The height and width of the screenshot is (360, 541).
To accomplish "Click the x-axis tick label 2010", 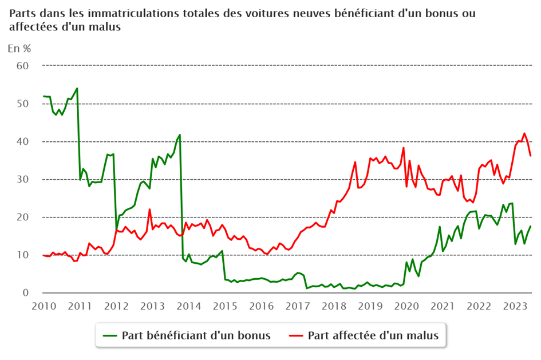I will tap(43, 306).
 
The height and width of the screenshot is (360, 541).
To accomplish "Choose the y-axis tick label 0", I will tap(26, 292).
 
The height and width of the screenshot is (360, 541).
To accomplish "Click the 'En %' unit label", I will tap(19, 49).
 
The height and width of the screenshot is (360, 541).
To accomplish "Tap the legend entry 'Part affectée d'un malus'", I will tap(373, 335).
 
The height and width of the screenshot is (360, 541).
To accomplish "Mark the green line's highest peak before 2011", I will tap(77, 88).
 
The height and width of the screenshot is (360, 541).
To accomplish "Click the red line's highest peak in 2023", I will tap(524, 133).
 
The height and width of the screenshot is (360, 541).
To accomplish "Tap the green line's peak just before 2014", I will tap(180, 135).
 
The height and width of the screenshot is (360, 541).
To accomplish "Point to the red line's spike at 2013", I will tap(149, 209).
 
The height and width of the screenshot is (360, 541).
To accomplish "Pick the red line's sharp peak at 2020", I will tap(404, 148).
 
